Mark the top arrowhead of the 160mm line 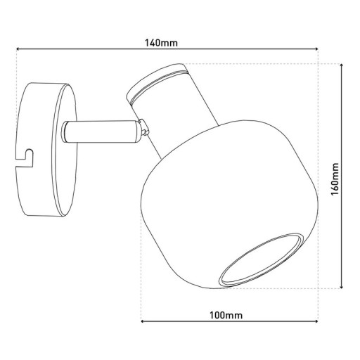click(341, 65)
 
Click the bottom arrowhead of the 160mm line click(341, 286)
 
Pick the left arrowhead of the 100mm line click(144, 322)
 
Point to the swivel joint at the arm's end click(145, 128)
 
